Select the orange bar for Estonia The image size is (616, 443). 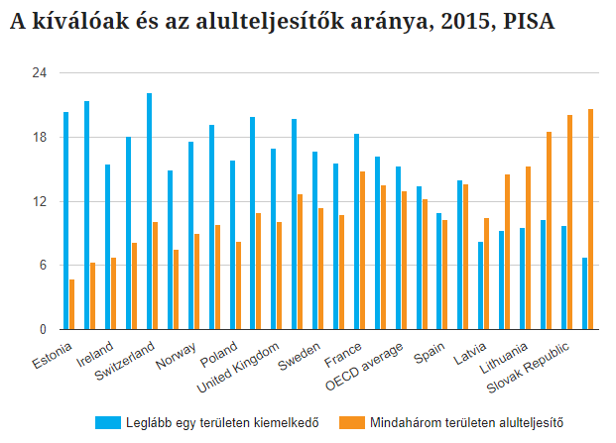pyautogui.click(x=72, y=304)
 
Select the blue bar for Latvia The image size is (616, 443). pyautogui.click(x=481, y=285)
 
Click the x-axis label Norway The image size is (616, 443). pyautogui.click(x=175, y=354)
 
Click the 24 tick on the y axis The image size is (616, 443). pyautogui.click(x=39, y=73)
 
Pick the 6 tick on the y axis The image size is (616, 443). pyautogui.click(x=42, y=266)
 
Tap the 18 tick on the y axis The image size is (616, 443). pyautogui.click(x=39, y=138)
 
